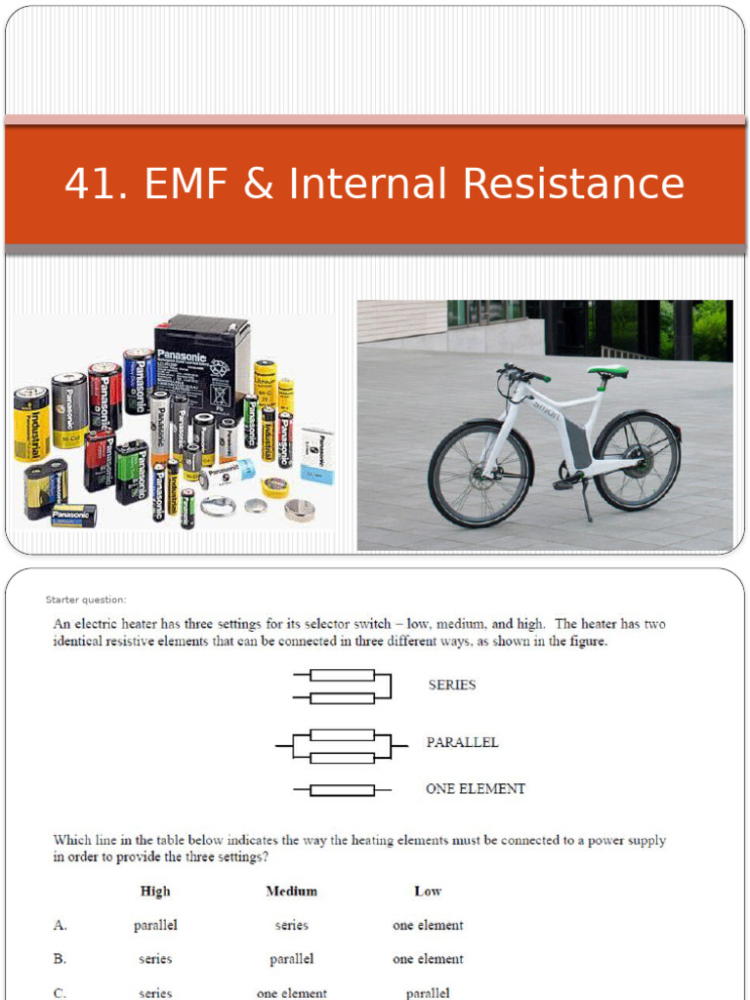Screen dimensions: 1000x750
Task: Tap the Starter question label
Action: coord(86,600)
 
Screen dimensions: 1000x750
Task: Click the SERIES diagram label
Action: coord(452,686)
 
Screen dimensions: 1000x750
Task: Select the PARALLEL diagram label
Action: coord(462,742)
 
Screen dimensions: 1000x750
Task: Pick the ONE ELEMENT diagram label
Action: coord(476,789)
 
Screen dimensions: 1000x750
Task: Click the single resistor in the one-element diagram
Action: coord(341,790)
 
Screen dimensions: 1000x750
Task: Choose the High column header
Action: coord(155,891)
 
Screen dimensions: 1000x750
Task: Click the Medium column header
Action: coord(291,891)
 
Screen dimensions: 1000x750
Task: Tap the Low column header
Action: coord(428,891)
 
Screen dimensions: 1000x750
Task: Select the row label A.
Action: coord(61,925)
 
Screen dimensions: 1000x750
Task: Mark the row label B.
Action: coord(61,959)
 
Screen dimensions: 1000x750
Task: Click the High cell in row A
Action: coord(155,925)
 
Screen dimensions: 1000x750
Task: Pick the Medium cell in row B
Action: coord(291,959)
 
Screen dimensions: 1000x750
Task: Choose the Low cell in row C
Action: coord(428,993)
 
